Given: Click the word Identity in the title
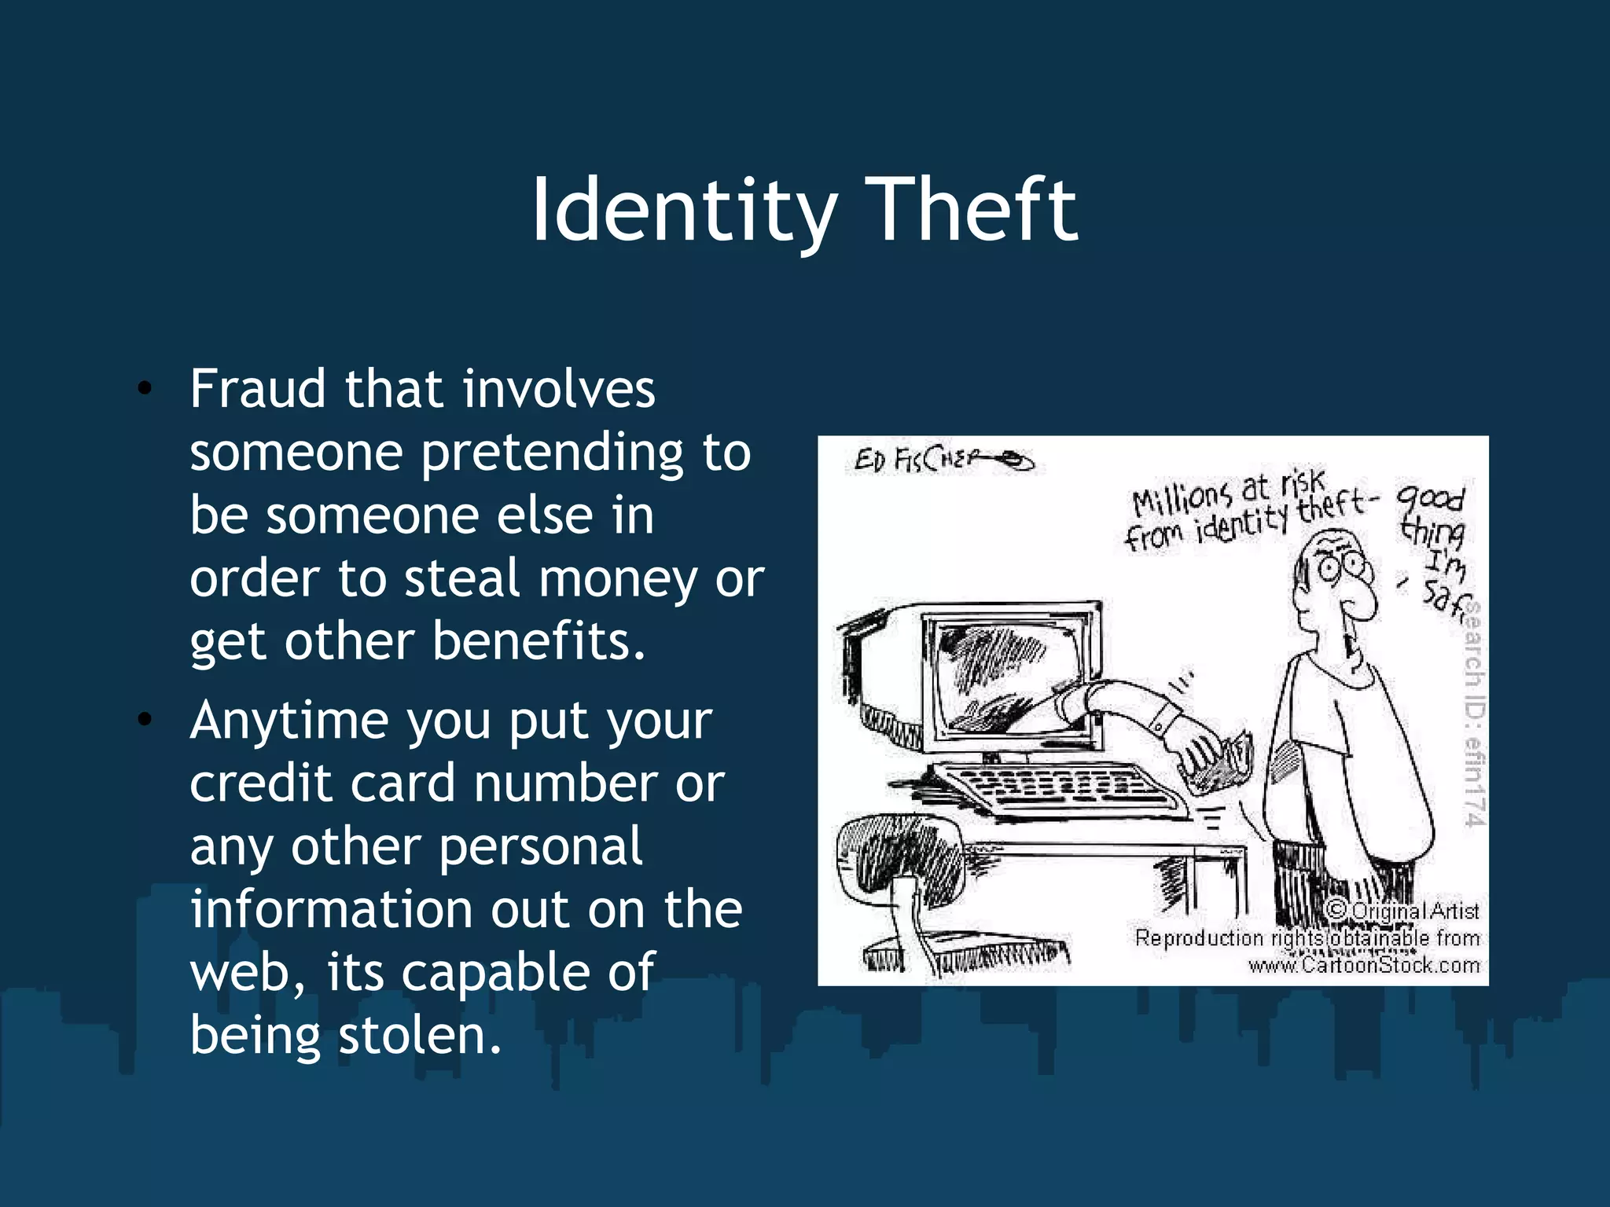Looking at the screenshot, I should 682,211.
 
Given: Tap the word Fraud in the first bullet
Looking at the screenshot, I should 257,389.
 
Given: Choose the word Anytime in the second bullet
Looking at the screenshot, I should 289,721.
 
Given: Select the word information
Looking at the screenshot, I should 330,909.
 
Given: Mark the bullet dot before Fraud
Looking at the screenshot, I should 144,389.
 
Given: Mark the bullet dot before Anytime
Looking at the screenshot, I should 144,720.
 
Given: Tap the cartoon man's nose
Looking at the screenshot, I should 1362,602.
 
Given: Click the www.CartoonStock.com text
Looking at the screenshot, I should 1364,966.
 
